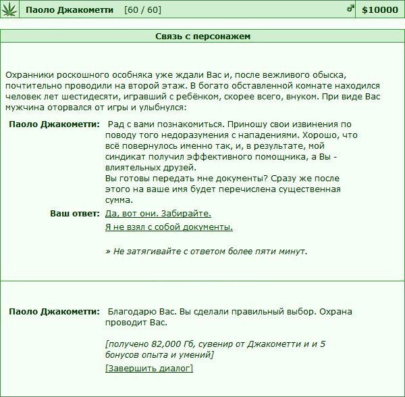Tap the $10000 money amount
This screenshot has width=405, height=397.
coord(380,10)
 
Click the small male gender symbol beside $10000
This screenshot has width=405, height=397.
coord(350,9)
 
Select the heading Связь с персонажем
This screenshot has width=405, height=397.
coord(202,36)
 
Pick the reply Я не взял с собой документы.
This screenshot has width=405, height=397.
coord(169,227)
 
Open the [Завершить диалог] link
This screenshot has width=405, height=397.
coord(149,368)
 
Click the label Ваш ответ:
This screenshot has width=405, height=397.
coord(75,213)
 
